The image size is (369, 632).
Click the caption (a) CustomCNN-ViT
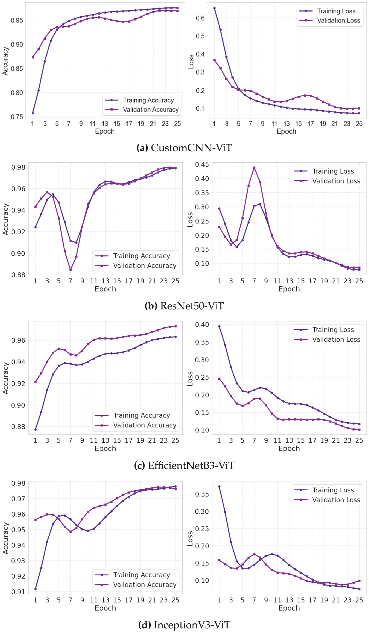coord(184,148)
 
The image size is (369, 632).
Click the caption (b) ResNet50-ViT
coord(184,306)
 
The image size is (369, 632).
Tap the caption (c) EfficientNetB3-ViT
coord(184,465)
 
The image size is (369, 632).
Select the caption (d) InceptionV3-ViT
coord(184,625)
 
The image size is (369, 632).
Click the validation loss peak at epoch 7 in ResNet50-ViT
coord(254,168)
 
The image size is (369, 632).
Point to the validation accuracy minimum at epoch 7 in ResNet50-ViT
coord(70,270)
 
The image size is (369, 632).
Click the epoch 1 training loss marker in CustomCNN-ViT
coord(214,8)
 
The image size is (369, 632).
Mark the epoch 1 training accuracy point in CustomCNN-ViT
coord(33,113)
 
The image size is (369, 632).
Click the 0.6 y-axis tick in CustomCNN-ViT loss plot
coord(200,18)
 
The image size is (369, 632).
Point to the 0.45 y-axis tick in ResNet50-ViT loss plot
coord(202,164)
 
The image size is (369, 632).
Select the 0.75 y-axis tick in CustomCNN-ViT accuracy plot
coord(17,117)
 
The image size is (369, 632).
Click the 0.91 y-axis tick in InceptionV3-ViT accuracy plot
coord(18,591)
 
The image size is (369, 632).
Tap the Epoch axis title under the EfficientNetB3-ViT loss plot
coord(289,448)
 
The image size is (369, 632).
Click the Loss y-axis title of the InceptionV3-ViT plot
coord(190,538)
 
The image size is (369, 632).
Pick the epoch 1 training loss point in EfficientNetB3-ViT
coord(219,326)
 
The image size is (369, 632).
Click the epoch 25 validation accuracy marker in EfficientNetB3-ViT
coord(175,326)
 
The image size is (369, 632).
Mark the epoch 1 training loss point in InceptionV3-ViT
coord(219,486)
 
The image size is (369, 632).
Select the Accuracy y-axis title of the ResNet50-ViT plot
coord(6,219)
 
